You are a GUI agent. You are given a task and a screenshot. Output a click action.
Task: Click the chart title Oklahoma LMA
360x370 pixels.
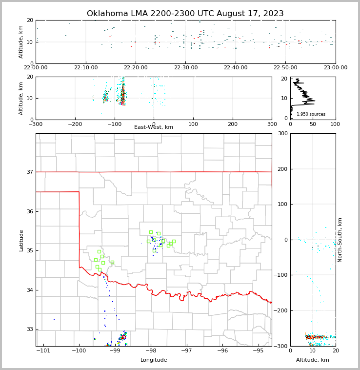pyautogui.click(x=185, y=14)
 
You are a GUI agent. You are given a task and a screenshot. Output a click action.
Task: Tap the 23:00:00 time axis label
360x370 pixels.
pyautogui.click(x=336, y=68)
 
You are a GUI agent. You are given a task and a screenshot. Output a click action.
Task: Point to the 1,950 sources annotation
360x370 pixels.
pyautogui.click(x=311, y=114)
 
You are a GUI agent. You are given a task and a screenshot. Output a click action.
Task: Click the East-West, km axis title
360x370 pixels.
pyautogui.click(x=154, y=127)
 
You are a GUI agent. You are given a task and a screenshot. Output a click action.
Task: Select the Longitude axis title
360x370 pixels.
pyautogui.click(x=154, y=360)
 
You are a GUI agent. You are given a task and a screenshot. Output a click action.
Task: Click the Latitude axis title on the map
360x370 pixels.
pyautogui.click(x=21, y=240)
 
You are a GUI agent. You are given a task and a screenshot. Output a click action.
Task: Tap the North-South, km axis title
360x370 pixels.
pyautogui.click(x=340, y=240)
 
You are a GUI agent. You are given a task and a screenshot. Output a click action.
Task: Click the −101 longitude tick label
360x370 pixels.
pyautogui.click(x=43, y=351)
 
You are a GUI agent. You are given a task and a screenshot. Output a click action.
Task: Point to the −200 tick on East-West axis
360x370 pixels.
pyautogui.click(x=74, y=124)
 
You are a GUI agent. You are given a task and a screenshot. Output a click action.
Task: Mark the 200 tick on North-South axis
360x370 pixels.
pyautogui.click(x=282, y=169)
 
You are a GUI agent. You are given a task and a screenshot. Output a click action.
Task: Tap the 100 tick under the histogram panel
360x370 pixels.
pyautogui.click(x=336, y=124)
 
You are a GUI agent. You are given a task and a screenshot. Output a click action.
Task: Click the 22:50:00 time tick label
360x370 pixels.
pyautogui.click(x=286, y=68)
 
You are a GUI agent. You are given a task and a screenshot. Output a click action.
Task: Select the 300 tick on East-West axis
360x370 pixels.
pyautogui.click(x=272, y=124)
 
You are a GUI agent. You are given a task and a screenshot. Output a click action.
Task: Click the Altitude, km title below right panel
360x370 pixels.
pyautogui.click(x=313, y=360)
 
